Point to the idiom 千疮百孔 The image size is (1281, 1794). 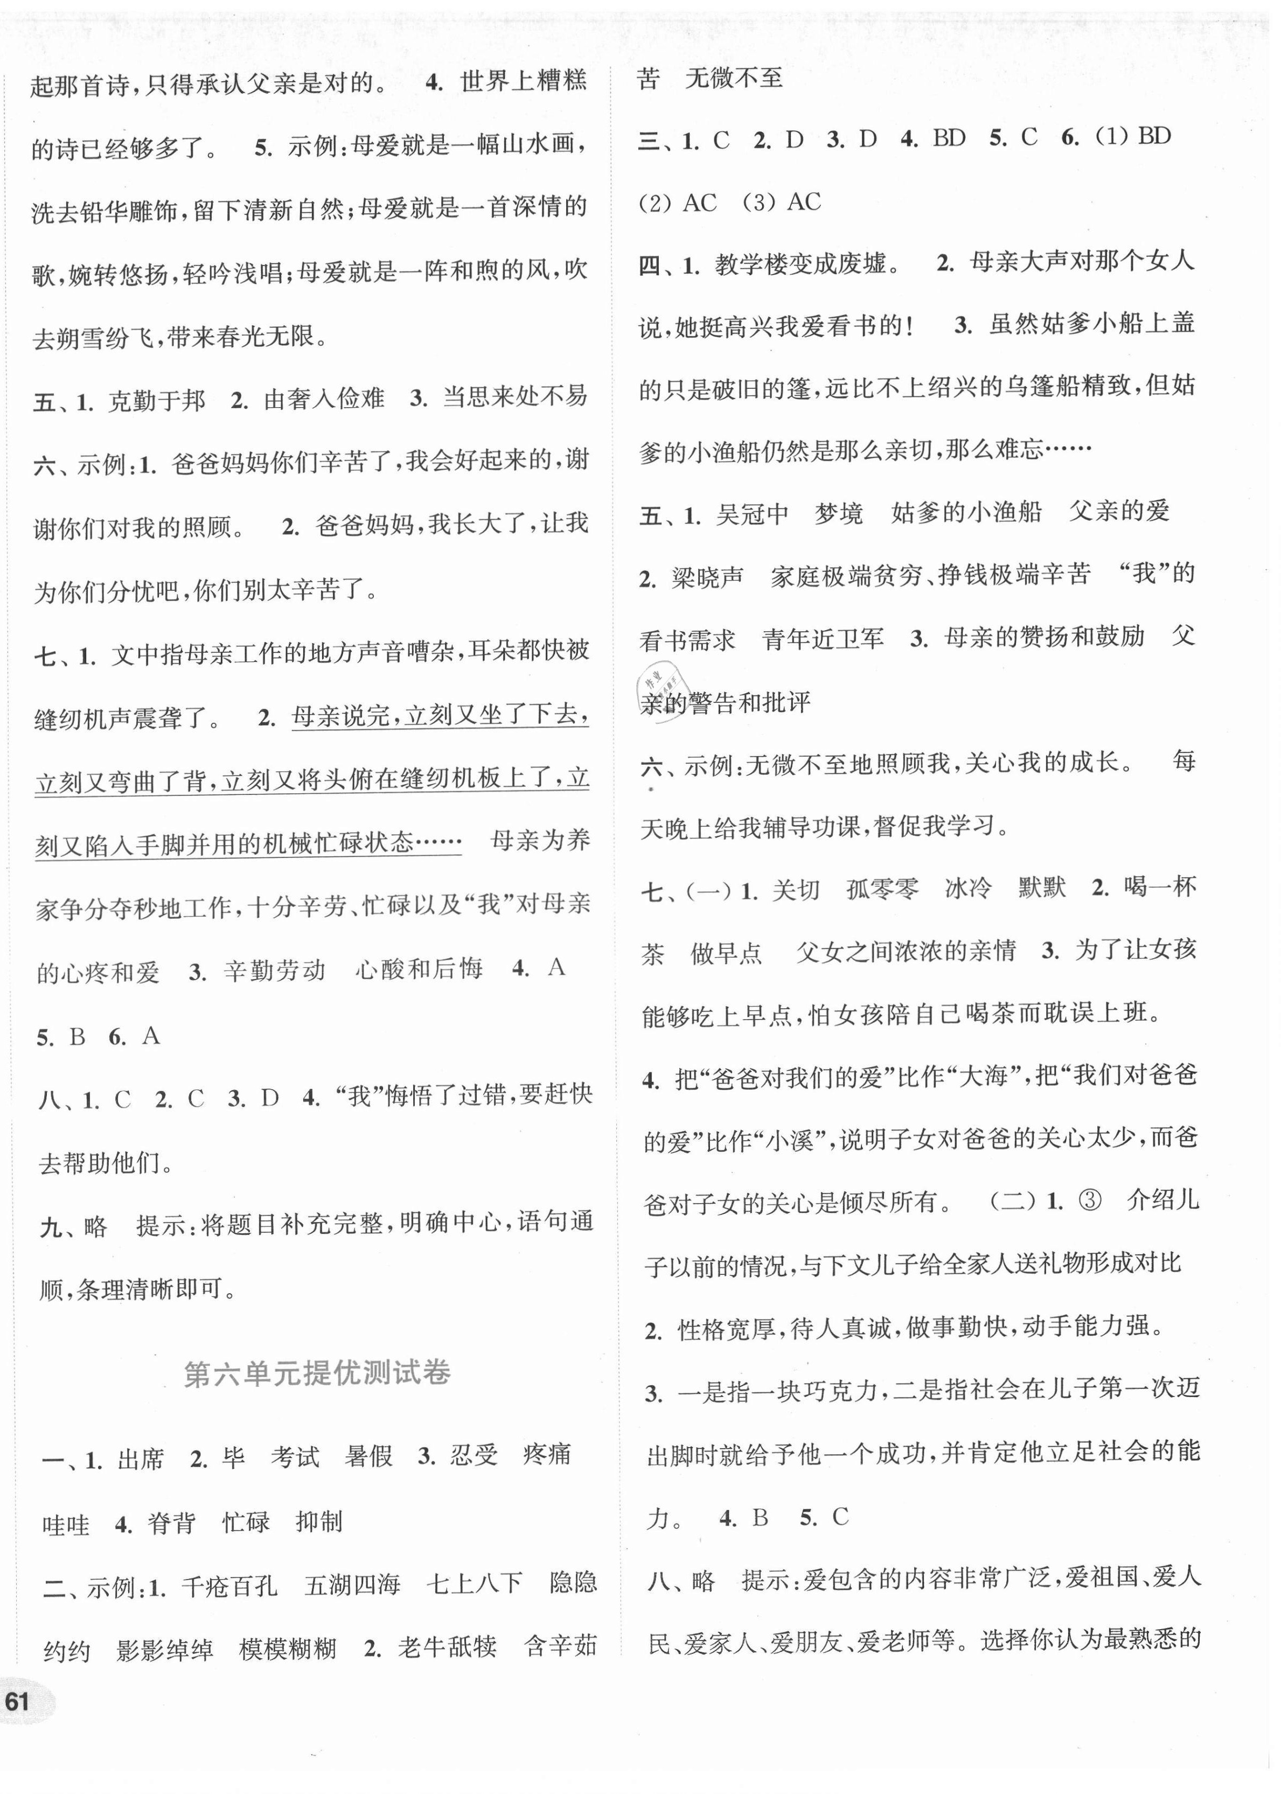[229, 1586]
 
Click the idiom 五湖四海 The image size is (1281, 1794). [353, 1585]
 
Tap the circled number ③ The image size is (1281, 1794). [1089, 1201]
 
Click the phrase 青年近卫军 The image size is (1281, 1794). [823, 639]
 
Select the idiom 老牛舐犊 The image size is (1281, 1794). [447, 1646]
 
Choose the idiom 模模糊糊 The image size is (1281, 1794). [288, 1650]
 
